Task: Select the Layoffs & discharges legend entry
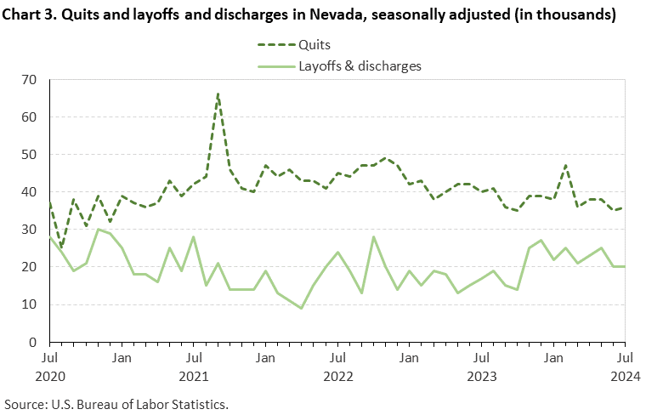[360, 65]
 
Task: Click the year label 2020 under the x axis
[49, 374]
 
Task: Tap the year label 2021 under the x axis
[194, 374]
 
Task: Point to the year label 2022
[337, 374]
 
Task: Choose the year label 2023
[481, 374]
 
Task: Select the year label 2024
[625, 374]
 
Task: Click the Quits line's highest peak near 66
[218, 94]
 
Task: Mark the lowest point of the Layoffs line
[301, 308]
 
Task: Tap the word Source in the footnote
[25, 402]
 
